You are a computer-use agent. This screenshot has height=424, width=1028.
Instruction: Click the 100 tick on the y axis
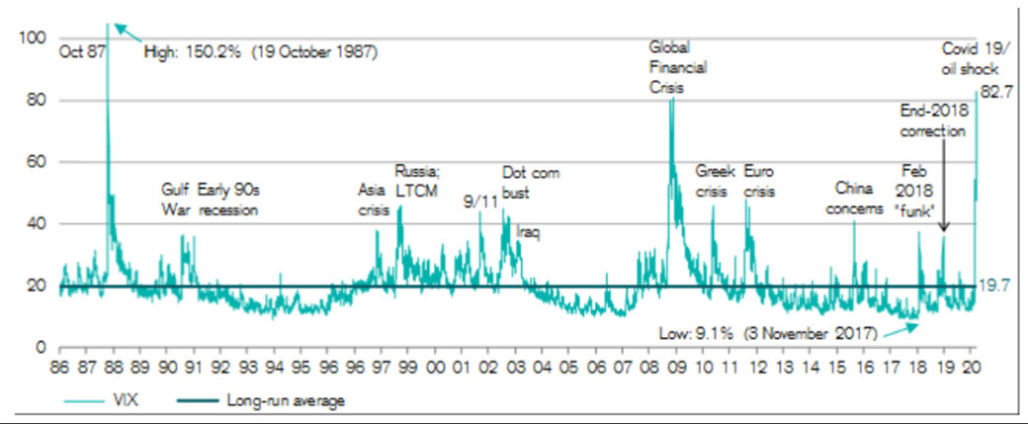coord(33,38)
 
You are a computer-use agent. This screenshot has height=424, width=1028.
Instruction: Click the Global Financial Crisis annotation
coord(673,66)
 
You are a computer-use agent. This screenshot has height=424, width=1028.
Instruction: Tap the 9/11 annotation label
coord(480,201)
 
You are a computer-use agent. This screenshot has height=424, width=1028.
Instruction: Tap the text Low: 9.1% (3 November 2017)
coord(766,334)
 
